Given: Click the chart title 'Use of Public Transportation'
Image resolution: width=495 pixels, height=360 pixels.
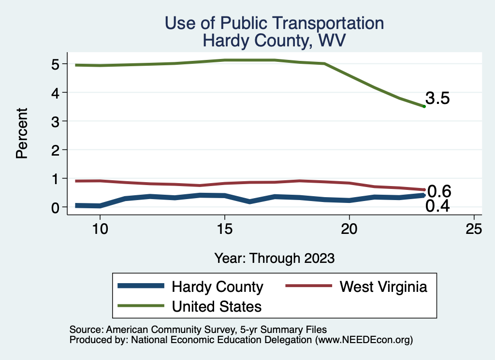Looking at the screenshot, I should tap(274, 23).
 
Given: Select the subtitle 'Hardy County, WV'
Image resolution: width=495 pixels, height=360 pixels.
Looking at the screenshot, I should tap(274, 40).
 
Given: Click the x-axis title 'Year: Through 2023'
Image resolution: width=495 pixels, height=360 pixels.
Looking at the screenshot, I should tap(274, 258).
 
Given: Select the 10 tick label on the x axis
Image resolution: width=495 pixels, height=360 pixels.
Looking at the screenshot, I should tap(100, 229).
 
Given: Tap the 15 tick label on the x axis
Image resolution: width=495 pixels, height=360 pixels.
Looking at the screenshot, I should tap(224, 229).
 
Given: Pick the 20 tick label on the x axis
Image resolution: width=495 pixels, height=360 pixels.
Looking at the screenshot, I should tap(349, 229).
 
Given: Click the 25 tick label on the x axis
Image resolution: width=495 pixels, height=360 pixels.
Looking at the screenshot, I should tap(474, 229).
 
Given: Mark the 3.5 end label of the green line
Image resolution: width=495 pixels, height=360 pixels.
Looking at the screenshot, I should tap(438, 99).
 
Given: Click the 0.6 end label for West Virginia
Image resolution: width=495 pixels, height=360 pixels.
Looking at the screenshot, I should tap(439, 191).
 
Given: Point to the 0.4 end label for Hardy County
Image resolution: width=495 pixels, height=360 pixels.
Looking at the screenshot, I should tap(438, 206).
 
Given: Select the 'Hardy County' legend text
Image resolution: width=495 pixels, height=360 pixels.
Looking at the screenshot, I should tap(218, 287).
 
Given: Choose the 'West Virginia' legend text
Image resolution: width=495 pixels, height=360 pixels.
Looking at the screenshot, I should tap(383, 287).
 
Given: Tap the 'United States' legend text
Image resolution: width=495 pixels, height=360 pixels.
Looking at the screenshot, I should tap(217, 306).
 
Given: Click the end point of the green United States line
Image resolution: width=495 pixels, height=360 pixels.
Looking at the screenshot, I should tap(424, 106).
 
